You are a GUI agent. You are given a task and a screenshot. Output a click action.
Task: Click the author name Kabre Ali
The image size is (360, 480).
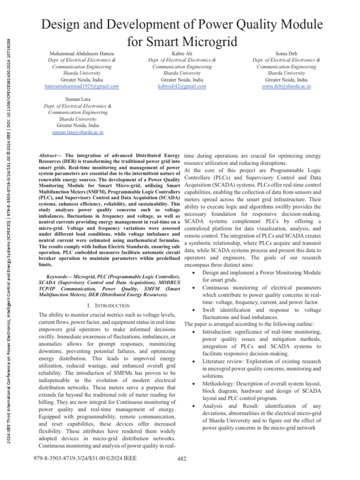click(182, 53)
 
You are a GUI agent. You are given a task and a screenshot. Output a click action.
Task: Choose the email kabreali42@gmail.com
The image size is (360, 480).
click(182, 86)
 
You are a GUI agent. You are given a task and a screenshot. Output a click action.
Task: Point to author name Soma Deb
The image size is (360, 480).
click(286, 53)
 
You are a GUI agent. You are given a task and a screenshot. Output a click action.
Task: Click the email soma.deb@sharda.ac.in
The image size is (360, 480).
click(286, 86)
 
